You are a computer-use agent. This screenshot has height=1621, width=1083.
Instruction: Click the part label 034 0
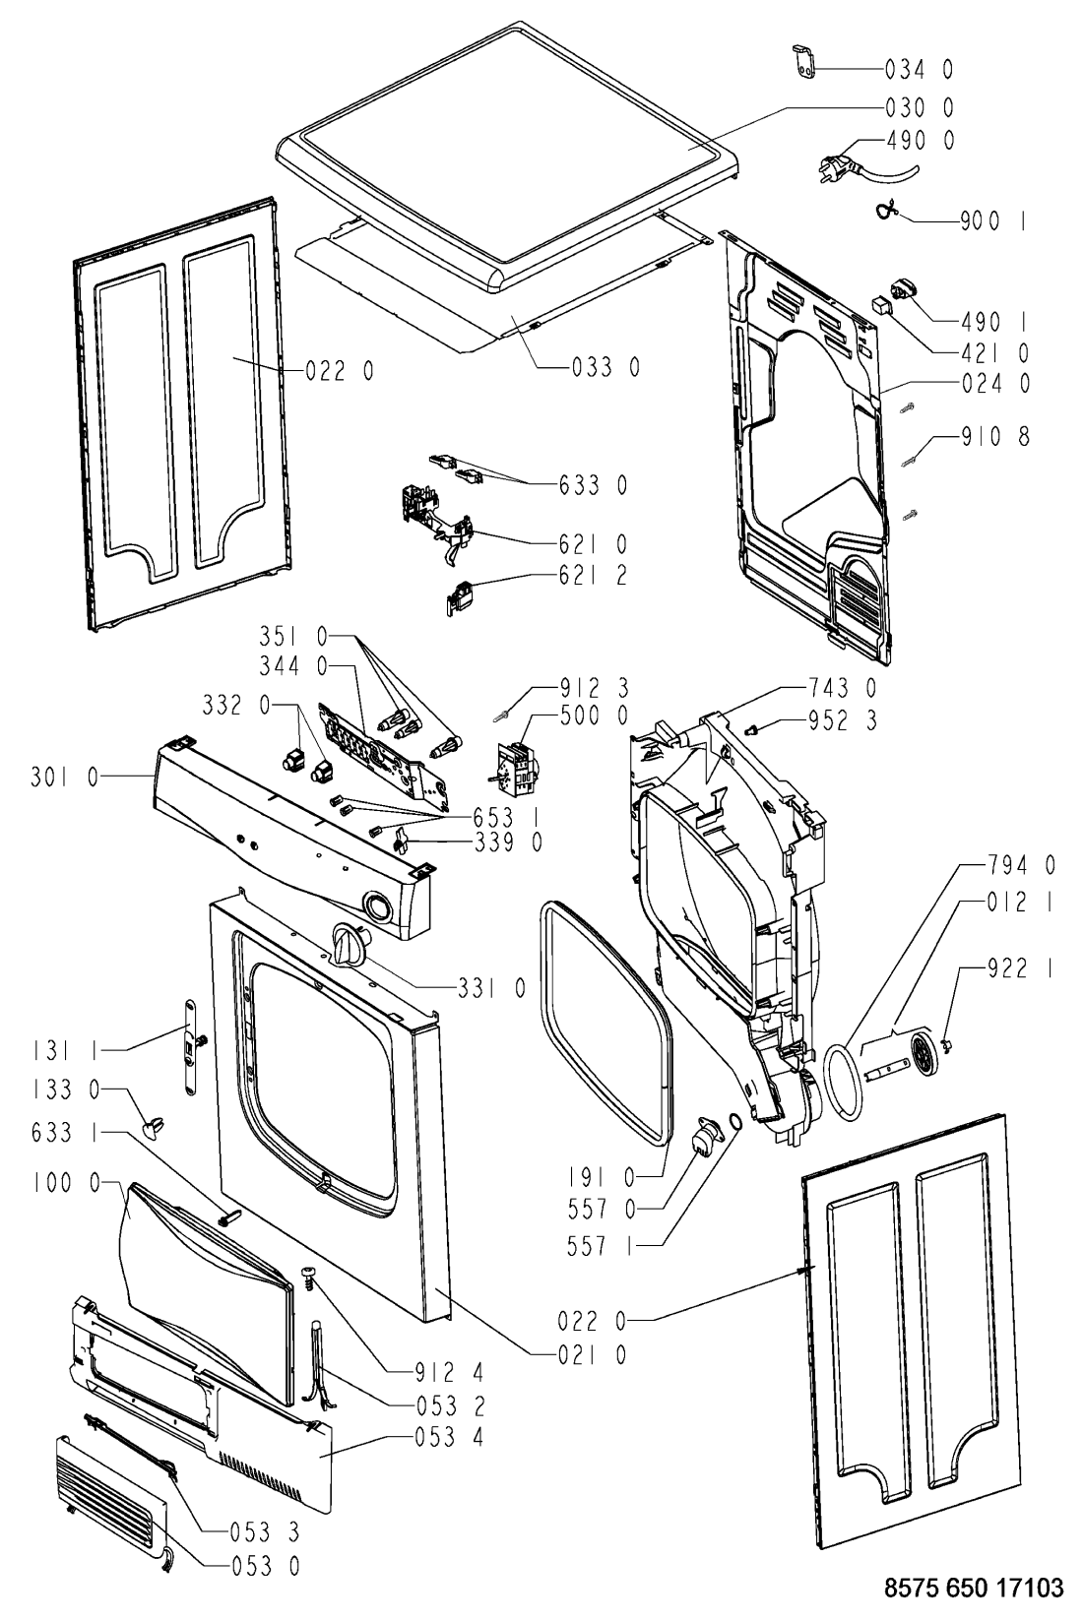click(x=920, y=70)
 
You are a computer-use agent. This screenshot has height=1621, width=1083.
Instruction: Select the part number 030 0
click(x=920, y=108)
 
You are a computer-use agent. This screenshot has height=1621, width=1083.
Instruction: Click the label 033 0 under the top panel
click(x=605, y=368)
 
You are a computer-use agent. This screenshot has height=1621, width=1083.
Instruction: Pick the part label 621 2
click(x=593, y=576)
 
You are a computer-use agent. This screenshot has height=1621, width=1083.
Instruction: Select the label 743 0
click(x=842, y=687)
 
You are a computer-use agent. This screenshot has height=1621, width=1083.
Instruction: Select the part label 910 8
click(x=995, y=436)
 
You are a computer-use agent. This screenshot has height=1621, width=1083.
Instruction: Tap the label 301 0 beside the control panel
click(x=65, y=778)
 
